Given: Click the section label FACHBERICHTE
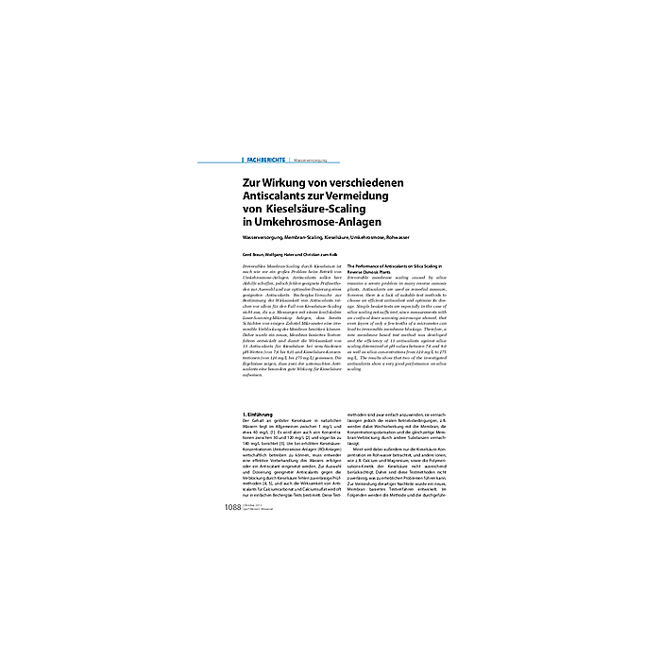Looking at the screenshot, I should (x=265, y=161).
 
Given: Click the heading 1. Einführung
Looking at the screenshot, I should (x=257, y=415).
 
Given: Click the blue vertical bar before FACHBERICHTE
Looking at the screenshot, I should (x=243, y=161).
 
